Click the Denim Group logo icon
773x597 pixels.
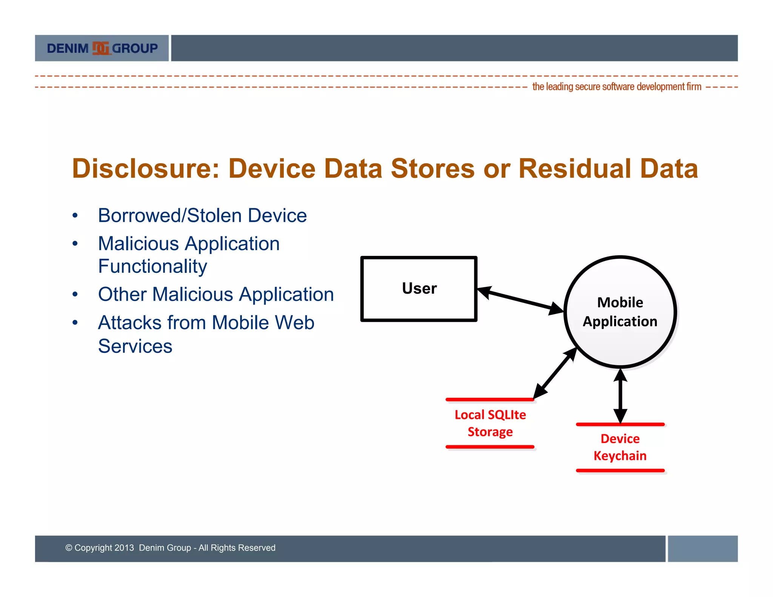click(x=100, y=48)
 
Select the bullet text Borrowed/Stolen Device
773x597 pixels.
click(x=202, y=215)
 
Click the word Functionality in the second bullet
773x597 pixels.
click(x=152, y=266)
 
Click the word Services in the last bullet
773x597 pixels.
click(x=135, y=346)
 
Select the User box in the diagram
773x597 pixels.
click(x=419, y=289)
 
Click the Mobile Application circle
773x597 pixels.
click(x=620, y=312)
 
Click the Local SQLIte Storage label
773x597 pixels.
click(x=490, y=423)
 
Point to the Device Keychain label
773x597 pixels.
click(x=620, y=447)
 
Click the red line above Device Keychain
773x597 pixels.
click(x=620, y=425)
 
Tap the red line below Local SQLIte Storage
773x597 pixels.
click(x=490, y=447)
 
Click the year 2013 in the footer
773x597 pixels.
click(x=124, y=548)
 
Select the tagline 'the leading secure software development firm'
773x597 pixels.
click(x=616, y=87)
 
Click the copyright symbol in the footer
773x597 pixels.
click(x=69, y=548)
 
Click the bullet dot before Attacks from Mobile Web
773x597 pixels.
click(x=75, y=323)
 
